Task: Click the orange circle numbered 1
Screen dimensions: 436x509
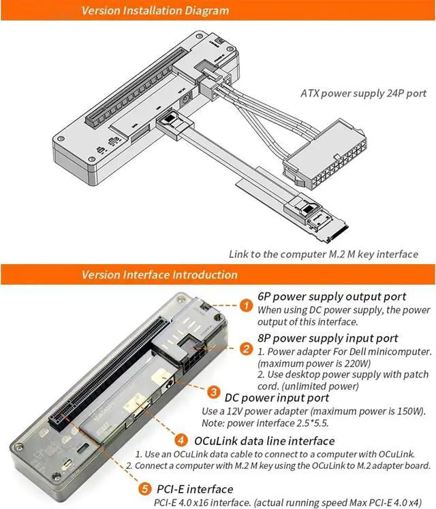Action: [246, 305]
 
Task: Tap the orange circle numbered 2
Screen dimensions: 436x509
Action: [246, 348]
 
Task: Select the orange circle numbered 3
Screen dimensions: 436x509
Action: [213, 392]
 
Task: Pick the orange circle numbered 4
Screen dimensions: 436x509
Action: [181, 440]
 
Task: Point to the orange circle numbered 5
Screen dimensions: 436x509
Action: [145, 489]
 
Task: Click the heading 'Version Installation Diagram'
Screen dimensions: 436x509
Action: [155, 10]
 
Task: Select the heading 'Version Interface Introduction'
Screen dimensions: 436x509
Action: [159, 275]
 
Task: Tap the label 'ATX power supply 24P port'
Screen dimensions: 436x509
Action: [363, 93]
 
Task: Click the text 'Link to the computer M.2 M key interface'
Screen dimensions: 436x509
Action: [324, 254]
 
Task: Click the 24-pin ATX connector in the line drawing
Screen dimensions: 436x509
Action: [325, 154]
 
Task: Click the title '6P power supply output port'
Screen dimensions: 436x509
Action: [332, 297]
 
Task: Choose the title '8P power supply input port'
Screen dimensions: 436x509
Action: [328, 338]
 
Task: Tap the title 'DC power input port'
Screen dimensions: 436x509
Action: [277, 397]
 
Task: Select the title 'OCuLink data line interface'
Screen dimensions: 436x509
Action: [264, 441]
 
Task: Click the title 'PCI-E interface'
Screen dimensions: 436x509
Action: [195, 489]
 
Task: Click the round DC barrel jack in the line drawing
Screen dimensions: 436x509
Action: [185, 99]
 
